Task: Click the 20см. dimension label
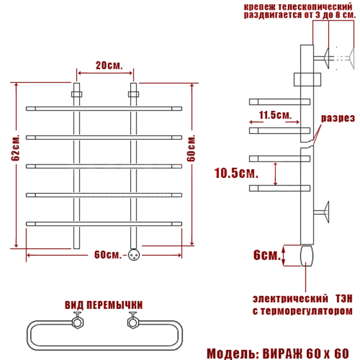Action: [109, 66]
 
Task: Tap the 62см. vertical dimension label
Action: [16, 147]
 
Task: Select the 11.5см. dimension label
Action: [275, 115]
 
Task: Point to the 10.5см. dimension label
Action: [236, 173]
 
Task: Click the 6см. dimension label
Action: [267, 255]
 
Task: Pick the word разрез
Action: [338, 118]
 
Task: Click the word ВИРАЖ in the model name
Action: [283, 353]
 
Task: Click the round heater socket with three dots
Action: [134, 255]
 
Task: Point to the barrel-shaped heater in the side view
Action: [307, 255]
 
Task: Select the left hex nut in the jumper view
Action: [77, 322]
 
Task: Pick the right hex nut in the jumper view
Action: [133, 322]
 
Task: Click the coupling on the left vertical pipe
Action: [77, 95]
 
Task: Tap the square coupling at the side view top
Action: [307, 80]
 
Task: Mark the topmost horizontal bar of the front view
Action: [104, 109]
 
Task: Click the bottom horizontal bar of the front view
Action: [104, 224]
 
